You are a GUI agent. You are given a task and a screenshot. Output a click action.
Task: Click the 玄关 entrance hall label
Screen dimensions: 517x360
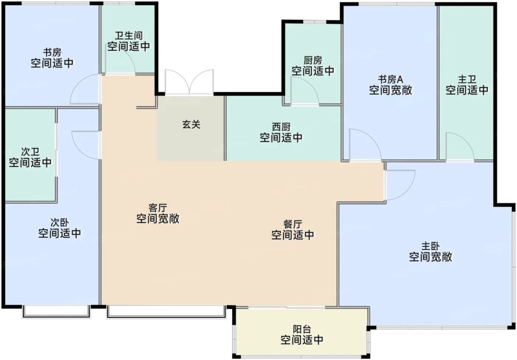tap(191, 125)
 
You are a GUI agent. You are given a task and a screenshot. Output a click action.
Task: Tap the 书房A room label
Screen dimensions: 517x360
tap(391, 80)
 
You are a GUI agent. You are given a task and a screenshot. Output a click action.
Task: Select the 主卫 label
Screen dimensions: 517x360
tap(467, 80)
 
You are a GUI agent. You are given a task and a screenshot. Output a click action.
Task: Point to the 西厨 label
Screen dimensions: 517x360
tap(281, 127)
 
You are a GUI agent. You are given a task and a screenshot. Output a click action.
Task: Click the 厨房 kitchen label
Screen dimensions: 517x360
tap(313, 61)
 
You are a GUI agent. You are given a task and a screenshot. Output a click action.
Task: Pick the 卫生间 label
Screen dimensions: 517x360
tap(129, 36)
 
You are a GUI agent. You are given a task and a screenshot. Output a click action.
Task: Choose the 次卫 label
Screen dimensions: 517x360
tap(30, 152)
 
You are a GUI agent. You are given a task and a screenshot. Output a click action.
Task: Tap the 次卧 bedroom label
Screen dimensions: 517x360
tap(59, 223)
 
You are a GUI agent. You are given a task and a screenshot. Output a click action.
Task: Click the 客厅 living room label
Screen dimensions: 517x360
tap(158, 208)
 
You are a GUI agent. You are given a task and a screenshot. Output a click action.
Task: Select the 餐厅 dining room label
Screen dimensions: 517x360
tap(292, 224)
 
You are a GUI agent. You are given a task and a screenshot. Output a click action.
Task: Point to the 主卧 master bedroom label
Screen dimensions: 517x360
tap(431, 246)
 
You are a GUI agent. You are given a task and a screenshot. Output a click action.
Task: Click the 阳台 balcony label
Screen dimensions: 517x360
tap(302, 329)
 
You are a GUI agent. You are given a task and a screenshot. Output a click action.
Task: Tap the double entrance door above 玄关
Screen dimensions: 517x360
tap(189, 82)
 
